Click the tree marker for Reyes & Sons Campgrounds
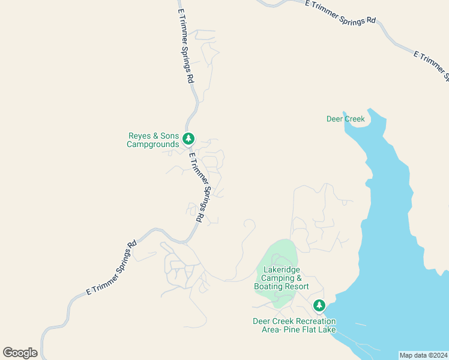pos(188,139)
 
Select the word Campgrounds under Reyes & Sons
pos(153,145)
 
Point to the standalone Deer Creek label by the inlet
pos(345,119)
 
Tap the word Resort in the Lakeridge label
pos(297,287)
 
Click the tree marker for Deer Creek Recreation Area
pos(319,306)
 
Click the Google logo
pos(20,353)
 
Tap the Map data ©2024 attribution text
pos(423,355)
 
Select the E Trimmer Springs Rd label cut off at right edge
pos(431,65)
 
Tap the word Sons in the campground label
pos(169,136)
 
